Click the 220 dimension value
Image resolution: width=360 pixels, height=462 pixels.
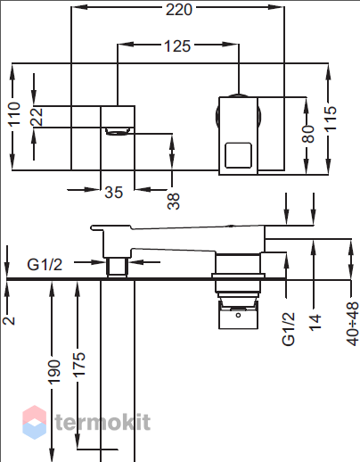pyautogui.click(x=179, y=10)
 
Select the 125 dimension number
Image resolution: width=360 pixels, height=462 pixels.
pyautogui.click(x=177, y=46)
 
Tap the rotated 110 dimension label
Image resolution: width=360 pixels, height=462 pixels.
pyautogui.click(x=14, y=113)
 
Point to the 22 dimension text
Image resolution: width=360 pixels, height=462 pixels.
pyautogui.click(x=37, y=117)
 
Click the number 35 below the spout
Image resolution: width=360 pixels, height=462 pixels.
pyautogui.click(x=114, y=193)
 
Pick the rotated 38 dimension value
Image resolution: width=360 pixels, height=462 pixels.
pyautogui.click(x=174, y=202)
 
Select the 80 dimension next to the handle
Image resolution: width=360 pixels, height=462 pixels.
pyautogui.click(x=308, y=134)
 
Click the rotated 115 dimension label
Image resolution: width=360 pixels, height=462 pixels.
pyautogui.click(x=330, y=119)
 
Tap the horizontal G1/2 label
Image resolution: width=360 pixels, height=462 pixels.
pyautogui.click(x=45, y=264)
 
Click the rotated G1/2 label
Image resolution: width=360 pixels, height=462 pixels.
pyautogui.click(x=288, y=329)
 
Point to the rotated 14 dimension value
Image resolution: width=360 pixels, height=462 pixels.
pyautogui.click(x=315, y=322)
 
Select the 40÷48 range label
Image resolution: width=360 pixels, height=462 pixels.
pyautogui.click(x=353, y=324)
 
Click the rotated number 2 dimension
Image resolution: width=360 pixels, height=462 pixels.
pyautogui.click(x=9, y=320)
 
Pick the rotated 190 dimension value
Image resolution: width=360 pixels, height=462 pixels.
pyautogui.click(x=54, y=372)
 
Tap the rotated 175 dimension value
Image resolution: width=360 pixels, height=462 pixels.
pyautogui.click(x=79, y=365)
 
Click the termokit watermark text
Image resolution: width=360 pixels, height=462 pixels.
pyautogui.click(x=102, y=422)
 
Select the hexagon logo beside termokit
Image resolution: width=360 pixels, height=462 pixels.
pyautogui.click(x=35, y=422)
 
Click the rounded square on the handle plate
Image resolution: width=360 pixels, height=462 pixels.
pyautogui.click(x=238, y=155)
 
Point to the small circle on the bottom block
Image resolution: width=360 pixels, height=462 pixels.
pyautogui.click(x=238, y=315)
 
